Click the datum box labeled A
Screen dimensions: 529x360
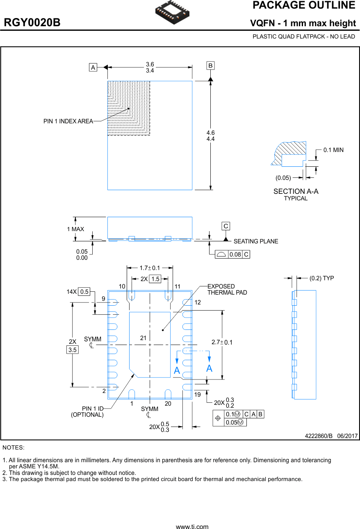[93, 68]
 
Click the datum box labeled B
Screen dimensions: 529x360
[210, 66]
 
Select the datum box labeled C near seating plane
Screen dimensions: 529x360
[226, 226]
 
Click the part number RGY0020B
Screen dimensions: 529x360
[32, 23]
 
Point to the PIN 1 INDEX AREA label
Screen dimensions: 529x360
[68, 121]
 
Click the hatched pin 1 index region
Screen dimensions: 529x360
[128, 108]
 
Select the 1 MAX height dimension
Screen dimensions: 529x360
[75, 229]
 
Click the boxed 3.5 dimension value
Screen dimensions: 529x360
[73, 350]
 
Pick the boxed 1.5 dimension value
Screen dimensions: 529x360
[155, 279]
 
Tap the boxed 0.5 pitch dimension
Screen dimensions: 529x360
[84, 292]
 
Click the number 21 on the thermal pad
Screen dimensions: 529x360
[143, 338]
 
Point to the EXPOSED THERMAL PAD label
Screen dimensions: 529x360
[221, 289]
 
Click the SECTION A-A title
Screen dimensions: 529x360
[296, 191]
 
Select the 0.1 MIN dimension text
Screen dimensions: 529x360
[333, 150]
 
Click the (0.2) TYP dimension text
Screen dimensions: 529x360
[321, 278]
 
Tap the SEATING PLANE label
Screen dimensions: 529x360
[255, 241]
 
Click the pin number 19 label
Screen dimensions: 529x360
[197, 395]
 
